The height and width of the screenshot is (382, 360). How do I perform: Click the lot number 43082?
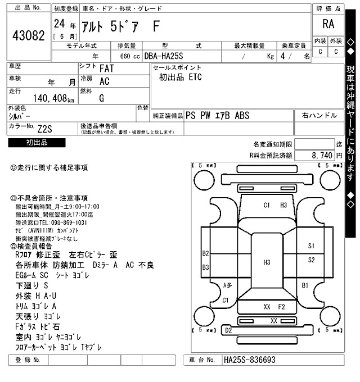(x=28, y=35)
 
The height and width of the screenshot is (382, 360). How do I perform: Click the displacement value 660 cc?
(x=129, y=56)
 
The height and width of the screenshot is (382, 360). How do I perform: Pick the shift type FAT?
(x=106, y=69)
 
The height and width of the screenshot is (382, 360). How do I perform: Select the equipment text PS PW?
(x=198, y=114)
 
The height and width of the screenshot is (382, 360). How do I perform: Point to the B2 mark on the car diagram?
(x=206, y=253)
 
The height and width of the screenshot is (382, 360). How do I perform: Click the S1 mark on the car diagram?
(x=312, y=246)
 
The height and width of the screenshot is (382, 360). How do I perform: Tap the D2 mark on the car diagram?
(x=228, y=330)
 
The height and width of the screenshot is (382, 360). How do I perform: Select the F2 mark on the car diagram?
(x=282, y=307)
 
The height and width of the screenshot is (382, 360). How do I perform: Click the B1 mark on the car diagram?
(x=305, y=286)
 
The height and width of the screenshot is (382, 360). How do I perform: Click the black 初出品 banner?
(x=37, y=143)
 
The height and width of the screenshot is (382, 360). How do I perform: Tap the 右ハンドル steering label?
(x=319, y=115)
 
